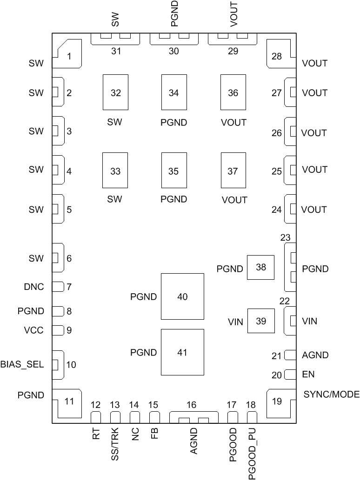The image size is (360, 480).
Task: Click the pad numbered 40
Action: point(182,296)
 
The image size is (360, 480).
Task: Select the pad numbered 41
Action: point(182,352)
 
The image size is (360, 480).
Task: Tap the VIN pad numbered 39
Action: point(260,321)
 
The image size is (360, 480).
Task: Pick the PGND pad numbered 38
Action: point(260,267)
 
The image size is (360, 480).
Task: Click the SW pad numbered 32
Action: point(115,92)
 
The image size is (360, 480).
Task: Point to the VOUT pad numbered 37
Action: point(233,171)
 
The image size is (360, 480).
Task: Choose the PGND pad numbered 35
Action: point(174,171)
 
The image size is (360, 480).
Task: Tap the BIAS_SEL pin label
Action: point(22,364)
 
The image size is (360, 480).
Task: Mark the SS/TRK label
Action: point(115,443)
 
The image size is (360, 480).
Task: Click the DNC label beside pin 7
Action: point(33,287)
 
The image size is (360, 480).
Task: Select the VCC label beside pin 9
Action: point(33,330)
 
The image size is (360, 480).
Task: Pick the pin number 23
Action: point(285,237)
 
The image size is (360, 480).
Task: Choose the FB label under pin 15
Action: point(154,434)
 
